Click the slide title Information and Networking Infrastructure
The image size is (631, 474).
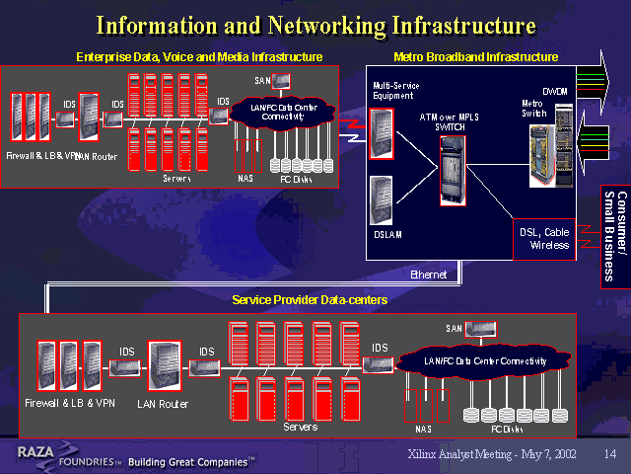315,24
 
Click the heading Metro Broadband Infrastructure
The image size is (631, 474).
475,57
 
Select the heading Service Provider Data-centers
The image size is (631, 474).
309,299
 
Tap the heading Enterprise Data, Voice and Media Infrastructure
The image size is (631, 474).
199,57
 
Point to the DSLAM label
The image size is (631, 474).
387,234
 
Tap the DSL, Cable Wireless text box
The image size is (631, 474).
544,238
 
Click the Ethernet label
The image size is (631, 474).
429,275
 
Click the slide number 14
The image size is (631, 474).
609,453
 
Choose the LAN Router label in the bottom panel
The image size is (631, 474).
163,404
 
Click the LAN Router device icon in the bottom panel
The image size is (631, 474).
164,366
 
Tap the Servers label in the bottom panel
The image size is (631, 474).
300,427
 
